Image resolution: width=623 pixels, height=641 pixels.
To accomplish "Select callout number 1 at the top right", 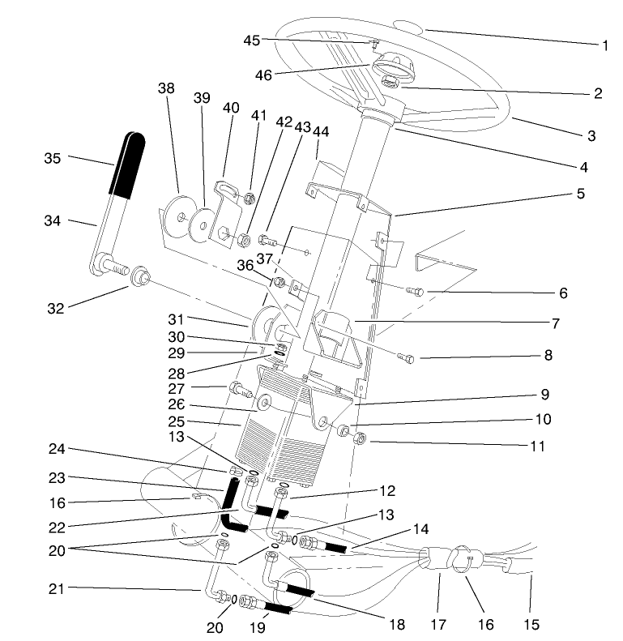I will (605, 45).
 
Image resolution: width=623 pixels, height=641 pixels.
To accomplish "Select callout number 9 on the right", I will (545, 395).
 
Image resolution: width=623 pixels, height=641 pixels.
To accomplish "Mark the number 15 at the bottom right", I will (531, 624).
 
